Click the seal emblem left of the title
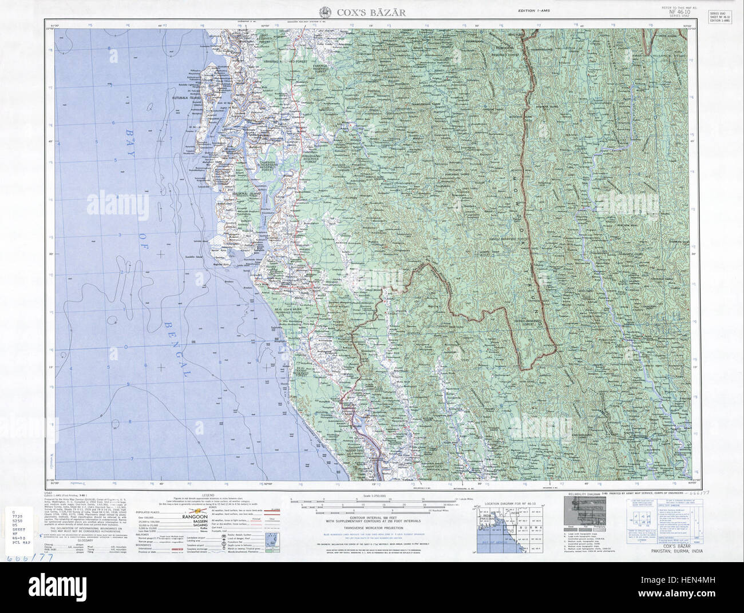coord(324,11)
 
